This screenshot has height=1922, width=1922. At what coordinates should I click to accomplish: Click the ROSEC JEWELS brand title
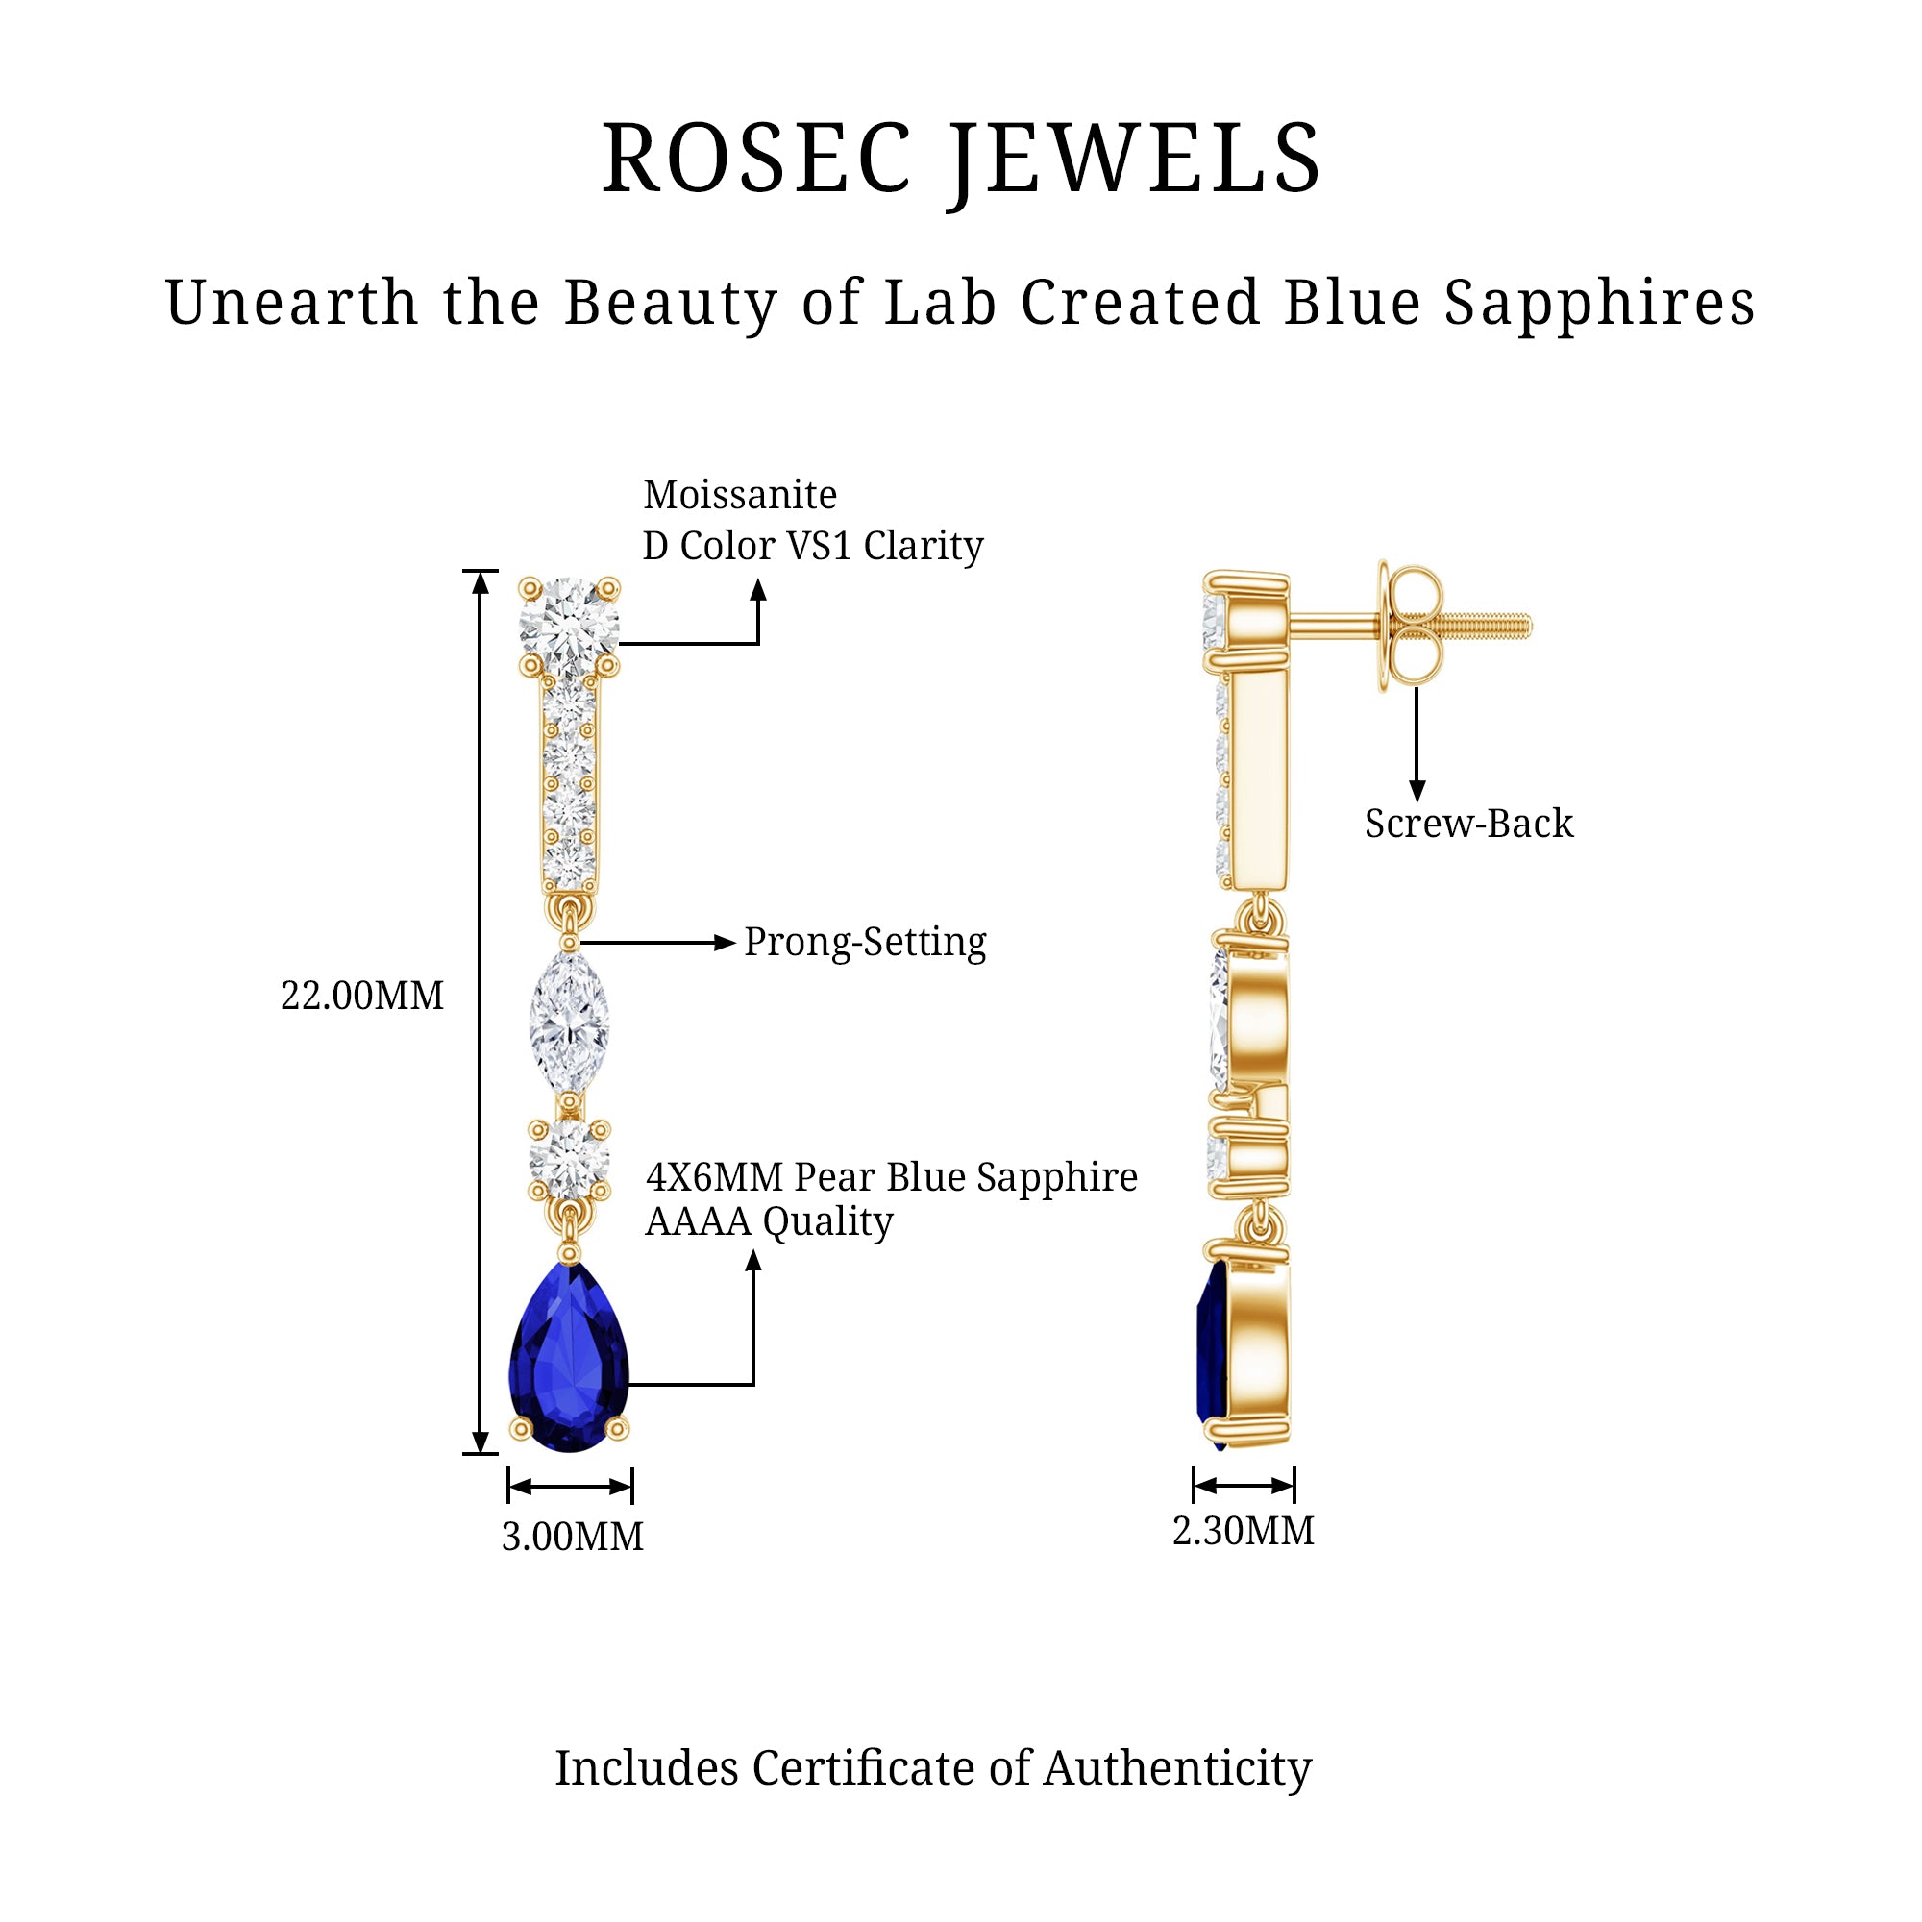tap(961, 160)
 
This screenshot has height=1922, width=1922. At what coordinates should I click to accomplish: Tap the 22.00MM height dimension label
tap(362, 996)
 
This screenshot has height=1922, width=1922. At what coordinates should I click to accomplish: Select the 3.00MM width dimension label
tap(572, 1537)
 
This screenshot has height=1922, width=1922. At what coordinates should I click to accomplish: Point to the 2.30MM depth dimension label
tap(1243, 1531)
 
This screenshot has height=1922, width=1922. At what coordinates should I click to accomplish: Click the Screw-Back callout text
tap(1468, 824)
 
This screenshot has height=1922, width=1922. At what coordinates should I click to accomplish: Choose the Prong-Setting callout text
tap(865, 942)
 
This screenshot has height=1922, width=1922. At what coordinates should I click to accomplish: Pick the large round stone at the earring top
tap(569, 625)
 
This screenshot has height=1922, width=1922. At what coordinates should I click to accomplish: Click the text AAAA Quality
tap(769, 1222)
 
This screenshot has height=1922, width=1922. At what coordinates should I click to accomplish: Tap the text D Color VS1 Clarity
tap(813, 546)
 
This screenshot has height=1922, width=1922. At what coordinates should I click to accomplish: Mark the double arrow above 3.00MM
tap(570, 1488)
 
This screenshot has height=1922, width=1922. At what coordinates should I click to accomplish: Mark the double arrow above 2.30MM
tap(1244, 1487)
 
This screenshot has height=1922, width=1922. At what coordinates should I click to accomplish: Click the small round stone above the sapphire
tap(569, 1160)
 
